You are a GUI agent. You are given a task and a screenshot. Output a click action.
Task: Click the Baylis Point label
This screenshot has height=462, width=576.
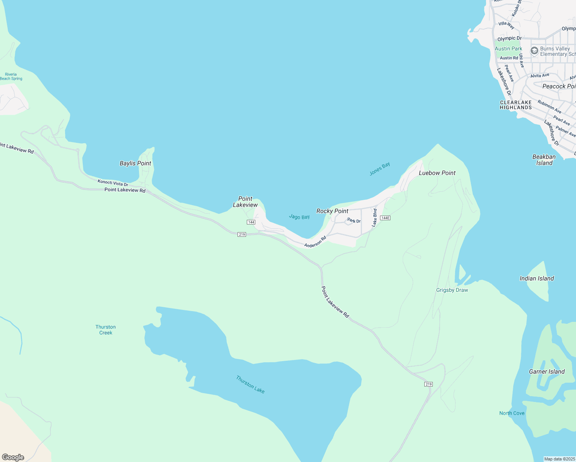tap(136, 163)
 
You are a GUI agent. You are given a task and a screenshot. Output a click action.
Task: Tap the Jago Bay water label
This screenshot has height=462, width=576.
tap(299, 217)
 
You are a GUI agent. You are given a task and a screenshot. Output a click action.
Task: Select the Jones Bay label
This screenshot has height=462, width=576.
tap(380, 169)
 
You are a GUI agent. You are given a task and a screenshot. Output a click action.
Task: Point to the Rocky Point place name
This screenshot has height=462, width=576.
tap(332, 211)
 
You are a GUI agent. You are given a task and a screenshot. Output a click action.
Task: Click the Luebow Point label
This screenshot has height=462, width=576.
tap(437, 173)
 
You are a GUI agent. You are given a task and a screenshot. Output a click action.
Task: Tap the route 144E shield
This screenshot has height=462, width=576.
tap(385, 218)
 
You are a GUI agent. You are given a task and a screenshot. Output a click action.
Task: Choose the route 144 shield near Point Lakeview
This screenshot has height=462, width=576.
tap(251, 222)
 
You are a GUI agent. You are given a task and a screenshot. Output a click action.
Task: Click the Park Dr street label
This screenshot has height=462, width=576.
tap(354, 221)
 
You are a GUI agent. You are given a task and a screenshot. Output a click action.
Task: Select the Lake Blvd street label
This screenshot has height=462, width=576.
tap(374, 218)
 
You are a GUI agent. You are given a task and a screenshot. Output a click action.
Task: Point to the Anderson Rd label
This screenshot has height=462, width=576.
tap(315, 242)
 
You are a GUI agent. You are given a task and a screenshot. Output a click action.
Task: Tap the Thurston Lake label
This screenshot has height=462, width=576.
tap(250, 384)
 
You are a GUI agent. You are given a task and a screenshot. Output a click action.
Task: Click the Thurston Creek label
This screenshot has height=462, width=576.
tap(105, 330)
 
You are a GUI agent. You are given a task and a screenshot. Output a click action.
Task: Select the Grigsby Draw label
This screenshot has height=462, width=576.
tap(452, 290)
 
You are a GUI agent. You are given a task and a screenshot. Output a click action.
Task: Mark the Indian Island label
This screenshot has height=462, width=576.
tap(537, 278)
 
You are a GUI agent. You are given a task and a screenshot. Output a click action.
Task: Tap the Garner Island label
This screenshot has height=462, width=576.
tap(547, 372)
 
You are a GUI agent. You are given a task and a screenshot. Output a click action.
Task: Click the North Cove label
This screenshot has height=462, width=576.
tap(512, 413)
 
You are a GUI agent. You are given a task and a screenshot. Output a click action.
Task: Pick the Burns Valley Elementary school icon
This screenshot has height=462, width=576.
tap(534, 51)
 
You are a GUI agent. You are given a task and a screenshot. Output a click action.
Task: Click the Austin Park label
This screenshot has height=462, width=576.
tap(508, 49)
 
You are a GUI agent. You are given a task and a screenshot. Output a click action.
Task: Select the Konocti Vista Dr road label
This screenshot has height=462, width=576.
tap(113, 183)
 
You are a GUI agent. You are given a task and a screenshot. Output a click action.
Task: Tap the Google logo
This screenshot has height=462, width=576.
tap(13, 457)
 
